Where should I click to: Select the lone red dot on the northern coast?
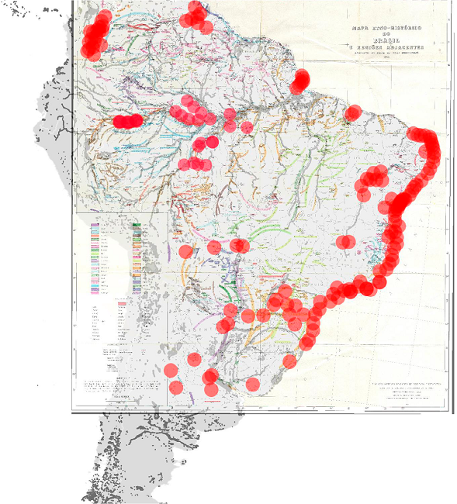click(x=353, y=113)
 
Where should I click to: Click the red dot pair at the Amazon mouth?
click(x=300, y=80)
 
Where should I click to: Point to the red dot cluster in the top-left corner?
click(x=96, y=35)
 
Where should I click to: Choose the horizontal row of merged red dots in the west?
click(x=128, y=121)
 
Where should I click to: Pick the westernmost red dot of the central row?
click(x=185, y=251)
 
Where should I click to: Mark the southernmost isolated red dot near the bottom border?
click(x=175, y=387)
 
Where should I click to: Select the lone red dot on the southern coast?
click(x=290, y=361)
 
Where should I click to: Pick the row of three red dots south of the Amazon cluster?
click(x=195, y=164)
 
